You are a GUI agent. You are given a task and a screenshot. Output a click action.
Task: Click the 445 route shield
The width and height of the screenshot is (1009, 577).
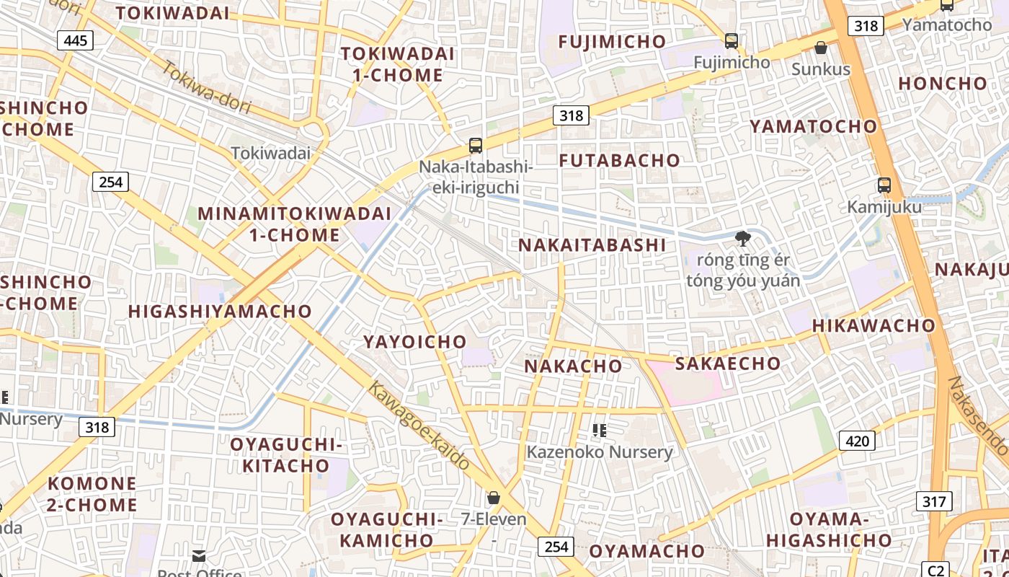[x=76, y=40]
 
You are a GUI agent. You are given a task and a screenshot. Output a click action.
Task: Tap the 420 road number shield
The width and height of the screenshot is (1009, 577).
[x=857, y=440]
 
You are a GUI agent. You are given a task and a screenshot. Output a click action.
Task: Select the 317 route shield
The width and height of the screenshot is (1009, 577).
[x=934, y=501]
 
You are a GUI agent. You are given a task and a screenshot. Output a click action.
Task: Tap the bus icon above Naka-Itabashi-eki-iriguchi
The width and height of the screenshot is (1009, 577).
[x=476, y=146]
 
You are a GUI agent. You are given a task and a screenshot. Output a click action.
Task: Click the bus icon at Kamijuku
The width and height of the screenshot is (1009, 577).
[x=884, y=185]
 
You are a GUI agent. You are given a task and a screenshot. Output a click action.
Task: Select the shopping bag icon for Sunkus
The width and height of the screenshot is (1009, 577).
[x=820, y=48]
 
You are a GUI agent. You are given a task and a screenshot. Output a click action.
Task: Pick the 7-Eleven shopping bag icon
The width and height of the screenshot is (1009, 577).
[x=494, y=498]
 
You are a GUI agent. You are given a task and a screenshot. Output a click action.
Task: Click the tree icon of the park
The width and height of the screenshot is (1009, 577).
[x=742, y=239]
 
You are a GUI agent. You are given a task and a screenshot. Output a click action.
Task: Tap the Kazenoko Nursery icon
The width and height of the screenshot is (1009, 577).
[x=599, y=431]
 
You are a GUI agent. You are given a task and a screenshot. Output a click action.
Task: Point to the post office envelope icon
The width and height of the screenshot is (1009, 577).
[x=199, y=556]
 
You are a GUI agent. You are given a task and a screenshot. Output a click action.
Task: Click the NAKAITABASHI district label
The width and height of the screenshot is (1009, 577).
[x=592, y=245]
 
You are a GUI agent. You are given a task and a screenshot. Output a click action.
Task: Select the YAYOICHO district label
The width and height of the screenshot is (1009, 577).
[x=414, y=342]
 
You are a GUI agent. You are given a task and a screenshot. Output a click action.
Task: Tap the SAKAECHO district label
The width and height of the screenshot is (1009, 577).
[x=728, y=364]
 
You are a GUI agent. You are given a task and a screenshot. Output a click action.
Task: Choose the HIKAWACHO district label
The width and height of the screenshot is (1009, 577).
[x=874, y=326]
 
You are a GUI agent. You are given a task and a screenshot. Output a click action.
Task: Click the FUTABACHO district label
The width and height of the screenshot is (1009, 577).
[x=620, y=161]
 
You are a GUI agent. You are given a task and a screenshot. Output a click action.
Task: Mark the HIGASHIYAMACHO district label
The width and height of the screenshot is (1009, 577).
[x=220, y=312]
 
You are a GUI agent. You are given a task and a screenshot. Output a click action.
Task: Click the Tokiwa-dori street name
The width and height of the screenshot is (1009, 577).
[x=206, y=88]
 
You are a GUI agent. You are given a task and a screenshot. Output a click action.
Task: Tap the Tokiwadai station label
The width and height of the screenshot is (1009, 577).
[x=271, y=153]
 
